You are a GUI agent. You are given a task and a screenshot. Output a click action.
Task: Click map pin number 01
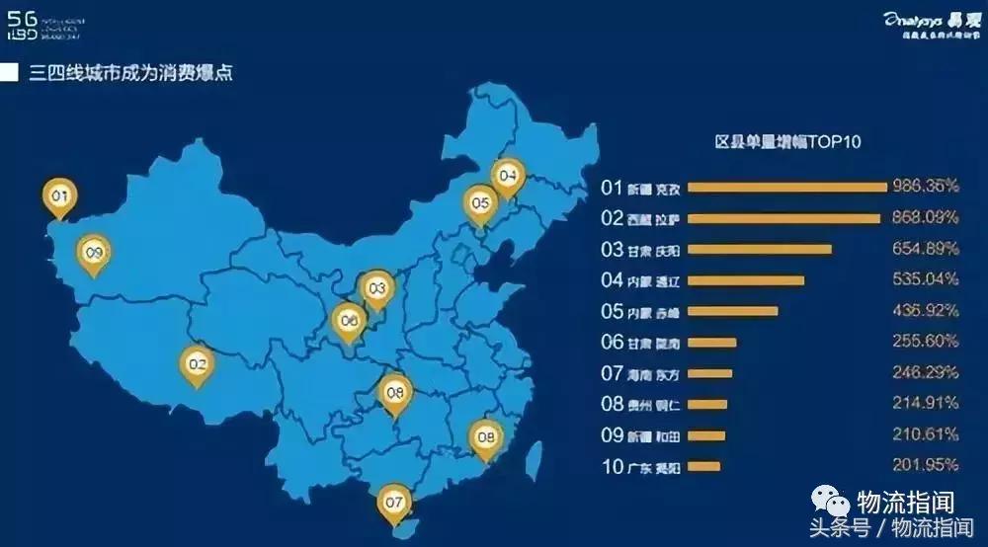coord(59,197)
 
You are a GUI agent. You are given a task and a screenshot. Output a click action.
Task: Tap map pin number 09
coord(94,253)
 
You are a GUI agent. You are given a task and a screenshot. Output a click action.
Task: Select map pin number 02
coord(197,364)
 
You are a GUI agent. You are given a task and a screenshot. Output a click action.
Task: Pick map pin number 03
coord(375,288)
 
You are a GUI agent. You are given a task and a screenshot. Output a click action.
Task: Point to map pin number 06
coord(347,320)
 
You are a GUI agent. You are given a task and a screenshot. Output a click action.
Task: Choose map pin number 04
coord(508,177)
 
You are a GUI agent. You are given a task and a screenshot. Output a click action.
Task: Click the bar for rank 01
coord(786,187)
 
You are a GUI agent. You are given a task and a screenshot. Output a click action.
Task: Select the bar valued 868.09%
coord(783,218)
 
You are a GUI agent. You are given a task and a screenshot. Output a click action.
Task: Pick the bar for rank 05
coord(732,311)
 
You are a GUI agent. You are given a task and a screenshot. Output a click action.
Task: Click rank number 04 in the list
coord(612,280)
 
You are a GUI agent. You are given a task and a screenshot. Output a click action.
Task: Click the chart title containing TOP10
coord(787,142)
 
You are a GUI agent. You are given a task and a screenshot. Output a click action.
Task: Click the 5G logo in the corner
coord(23,23)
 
